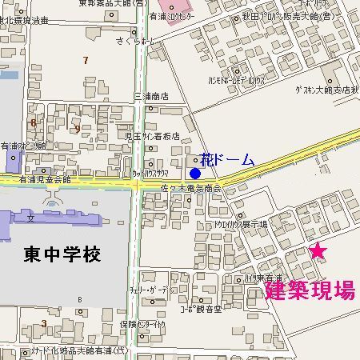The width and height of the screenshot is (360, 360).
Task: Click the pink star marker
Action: pos(318,251)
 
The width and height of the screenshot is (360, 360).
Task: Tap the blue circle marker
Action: pos(195,173)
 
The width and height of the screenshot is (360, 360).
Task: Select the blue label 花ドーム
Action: pos(227,159)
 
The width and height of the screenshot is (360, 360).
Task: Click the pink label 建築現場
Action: pos(310,291)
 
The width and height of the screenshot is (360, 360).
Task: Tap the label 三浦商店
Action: pos(151,96)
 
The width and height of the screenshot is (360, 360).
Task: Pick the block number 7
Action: pos(86,60)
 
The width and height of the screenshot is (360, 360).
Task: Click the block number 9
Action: pos(77,128)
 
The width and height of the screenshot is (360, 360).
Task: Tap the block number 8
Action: pos(33,122)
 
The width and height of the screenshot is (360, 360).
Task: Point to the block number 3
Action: pos(43,323)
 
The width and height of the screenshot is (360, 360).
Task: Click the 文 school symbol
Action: pos(30,217)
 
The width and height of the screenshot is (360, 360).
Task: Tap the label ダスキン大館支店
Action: pos(324,90)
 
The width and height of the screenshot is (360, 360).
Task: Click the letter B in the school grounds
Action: pos(80,299)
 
